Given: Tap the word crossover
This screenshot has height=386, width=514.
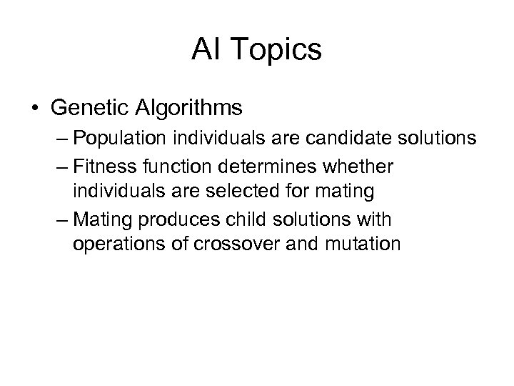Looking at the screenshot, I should [237, 244].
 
